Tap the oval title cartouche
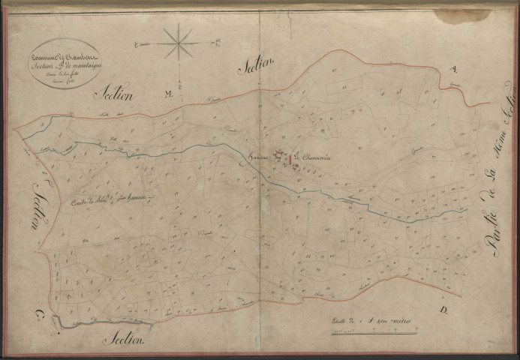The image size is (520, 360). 65,63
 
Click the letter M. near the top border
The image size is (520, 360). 168,94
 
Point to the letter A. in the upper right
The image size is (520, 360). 452,70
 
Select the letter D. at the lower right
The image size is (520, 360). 443,308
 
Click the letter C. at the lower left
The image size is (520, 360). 34,313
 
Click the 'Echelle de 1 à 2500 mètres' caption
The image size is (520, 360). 371,320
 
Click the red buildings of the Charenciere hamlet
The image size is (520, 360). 284,158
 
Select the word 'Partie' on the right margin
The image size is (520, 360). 491,229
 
